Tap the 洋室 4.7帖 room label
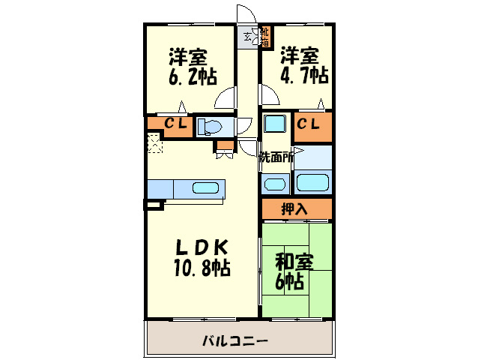(x=303, y=65)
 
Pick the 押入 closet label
(x=294, y=208)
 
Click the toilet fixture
(x=214, y=127)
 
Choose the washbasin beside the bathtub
(x=275, y=182)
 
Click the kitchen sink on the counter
(x=205, y=187)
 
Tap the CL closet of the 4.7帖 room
(x=309, y=124)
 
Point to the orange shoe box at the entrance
(x=264, y=37)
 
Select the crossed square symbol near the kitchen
(x=154, y=142)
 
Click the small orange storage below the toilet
(x=223, y=148)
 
